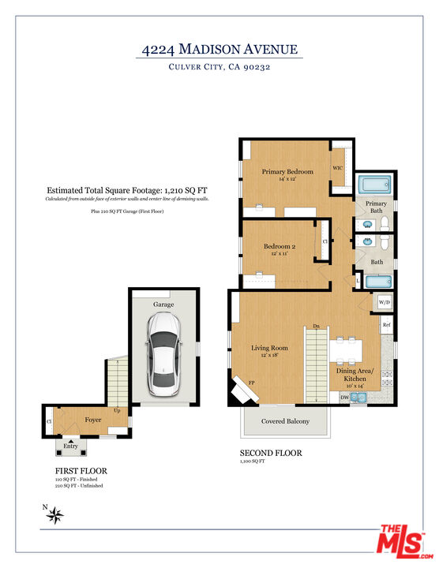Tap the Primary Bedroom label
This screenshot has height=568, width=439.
(x=287, y=171)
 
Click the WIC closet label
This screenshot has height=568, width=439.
(x=337, y=168)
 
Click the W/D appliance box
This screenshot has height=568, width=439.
(x=384, y=302)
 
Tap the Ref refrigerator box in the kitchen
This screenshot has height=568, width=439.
(x=387, y=325)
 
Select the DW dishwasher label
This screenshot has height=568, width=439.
(x=344, y=398)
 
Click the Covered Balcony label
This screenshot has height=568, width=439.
(x=285, y=421)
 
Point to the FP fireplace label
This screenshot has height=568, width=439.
(x=253, y=383)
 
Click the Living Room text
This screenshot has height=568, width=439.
(x=269, y=347)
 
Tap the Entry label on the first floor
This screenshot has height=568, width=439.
(x=72, y=447)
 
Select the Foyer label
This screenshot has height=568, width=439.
(x=93, y=420)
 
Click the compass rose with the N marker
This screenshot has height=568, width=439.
(x=55, y=516)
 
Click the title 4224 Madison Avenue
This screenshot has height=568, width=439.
(x=219, y=49)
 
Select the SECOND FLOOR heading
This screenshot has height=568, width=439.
(x=270, y=454)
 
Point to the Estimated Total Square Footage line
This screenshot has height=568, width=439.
(x=127, y=190)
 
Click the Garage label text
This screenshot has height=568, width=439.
(x=163, y=304)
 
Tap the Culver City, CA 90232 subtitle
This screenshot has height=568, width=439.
(x=219, y=68)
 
